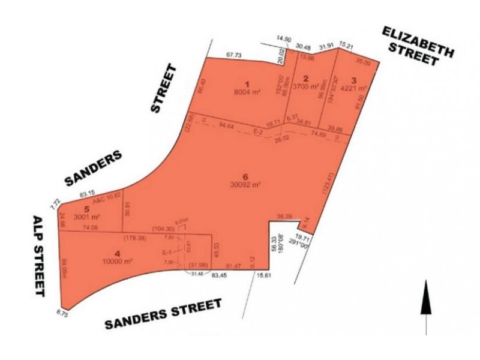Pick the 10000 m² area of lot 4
click(118, 262)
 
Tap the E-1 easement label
click(171, 253)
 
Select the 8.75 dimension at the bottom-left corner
click(62, 313)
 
